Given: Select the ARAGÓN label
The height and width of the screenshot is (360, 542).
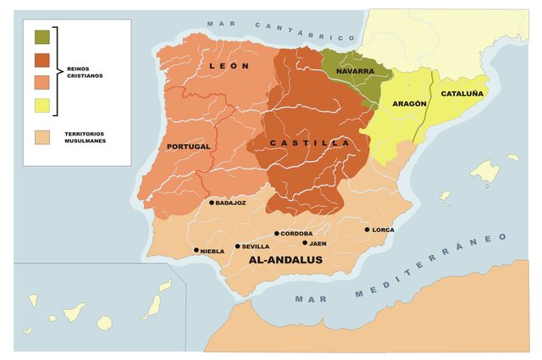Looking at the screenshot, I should [409, 103].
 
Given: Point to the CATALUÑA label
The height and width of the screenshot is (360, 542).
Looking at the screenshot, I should [462, 95].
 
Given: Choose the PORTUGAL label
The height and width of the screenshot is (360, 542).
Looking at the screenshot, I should [189, 147].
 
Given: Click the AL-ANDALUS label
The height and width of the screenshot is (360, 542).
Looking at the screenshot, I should [285, 260].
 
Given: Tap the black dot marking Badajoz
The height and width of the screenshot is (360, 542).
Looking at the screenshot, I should [212, 202].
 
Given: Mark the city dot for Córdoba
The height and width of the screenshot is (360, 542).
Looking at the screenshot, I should [276, 233].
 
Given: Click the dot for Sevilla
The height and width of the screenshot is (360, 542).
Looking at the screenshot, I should [235, 246].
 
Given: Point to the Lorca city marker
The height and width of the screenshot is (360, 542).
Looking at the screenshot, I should [367, 230].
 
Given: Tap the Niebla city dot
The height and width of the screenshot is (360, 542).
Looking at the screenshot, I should [196, 250].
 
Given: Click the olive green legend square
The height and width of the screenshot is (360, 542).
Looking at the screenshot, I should [41, 36].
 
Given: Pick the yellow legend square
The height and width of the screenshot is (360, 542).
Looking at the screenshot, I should [41, 105].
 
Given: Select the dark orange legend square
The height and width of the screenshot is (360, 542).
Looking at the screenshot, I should [41, 59].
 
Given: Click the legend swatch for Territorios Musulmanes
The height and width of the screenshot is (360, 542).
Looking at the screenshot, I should [41, 136].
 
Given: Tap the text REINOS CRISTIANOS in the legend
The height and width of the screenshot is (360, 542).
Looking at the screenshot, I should [86, 72].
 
